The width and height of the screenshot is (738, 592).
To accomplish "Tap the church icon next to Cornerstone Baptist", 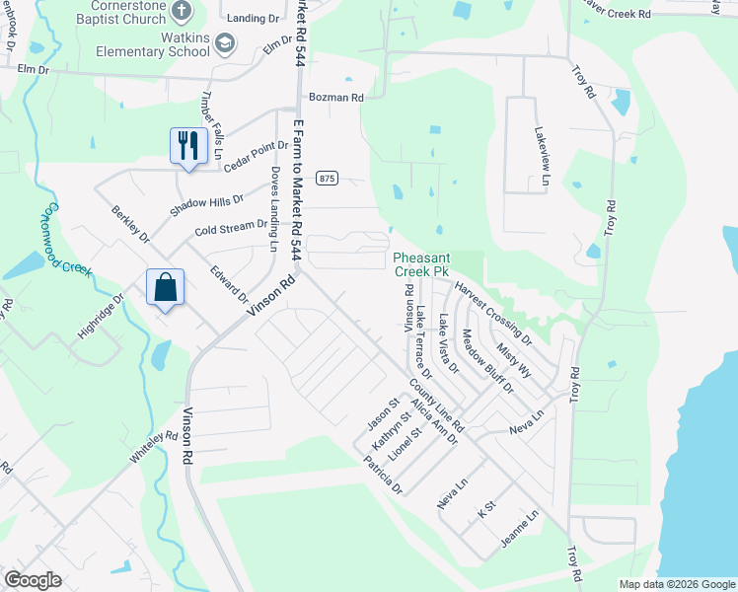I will point(182,11).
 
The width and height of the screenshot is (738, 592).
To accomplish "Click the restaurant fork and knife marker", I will point(184,146).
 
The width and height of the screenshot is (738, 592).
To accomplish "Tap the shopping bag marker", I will point(166,287).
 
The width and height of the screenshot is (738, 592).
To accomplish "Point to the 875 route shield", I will point(328,178).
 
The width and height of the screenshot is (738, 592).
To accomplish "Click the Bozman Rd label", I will point(335,98).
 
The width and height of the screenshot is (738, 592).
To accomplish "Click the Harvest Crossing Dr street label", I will point(493,311).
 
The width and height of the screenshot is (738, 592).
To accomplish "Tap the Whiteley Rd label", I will point(153,448).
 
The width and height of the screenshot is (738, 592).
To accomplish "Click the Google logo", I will point(33,580).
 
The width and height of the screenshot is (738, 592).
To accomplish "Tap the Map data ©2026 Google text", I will point(676,584).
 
